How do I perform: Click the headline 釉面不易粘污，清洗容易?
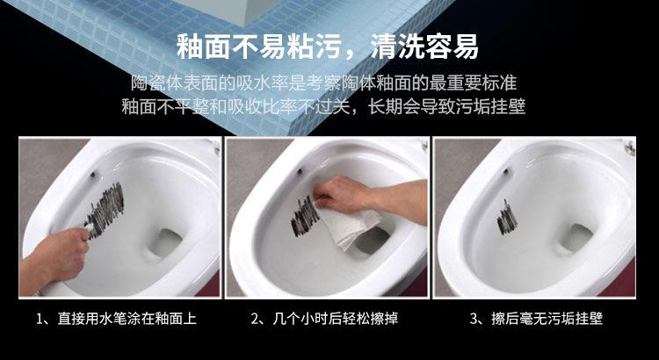click(328, 47)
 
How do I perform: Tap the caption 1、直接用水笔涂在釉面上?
click(116, 319)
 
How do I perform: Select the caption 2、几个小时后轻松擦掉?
click(324, 319)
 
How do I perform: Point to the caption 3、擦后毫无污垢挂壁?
click(536, 319)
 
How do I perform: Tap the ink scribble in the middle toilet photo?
click(305, 216)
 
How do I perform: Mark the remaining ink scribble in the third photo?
click(507, 218)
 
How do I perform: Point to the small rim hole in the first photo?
click(92, 175)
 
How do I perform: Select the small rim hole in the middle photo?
click(300, 171)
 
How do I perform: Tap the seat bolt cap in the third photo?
click(629, 147)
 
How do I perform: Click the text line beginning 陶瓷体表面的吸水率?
click(323, 83)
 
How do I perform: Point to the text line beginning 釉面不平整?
click(323, 106)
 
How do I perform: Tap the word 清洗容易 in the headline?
click(424, 47)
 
